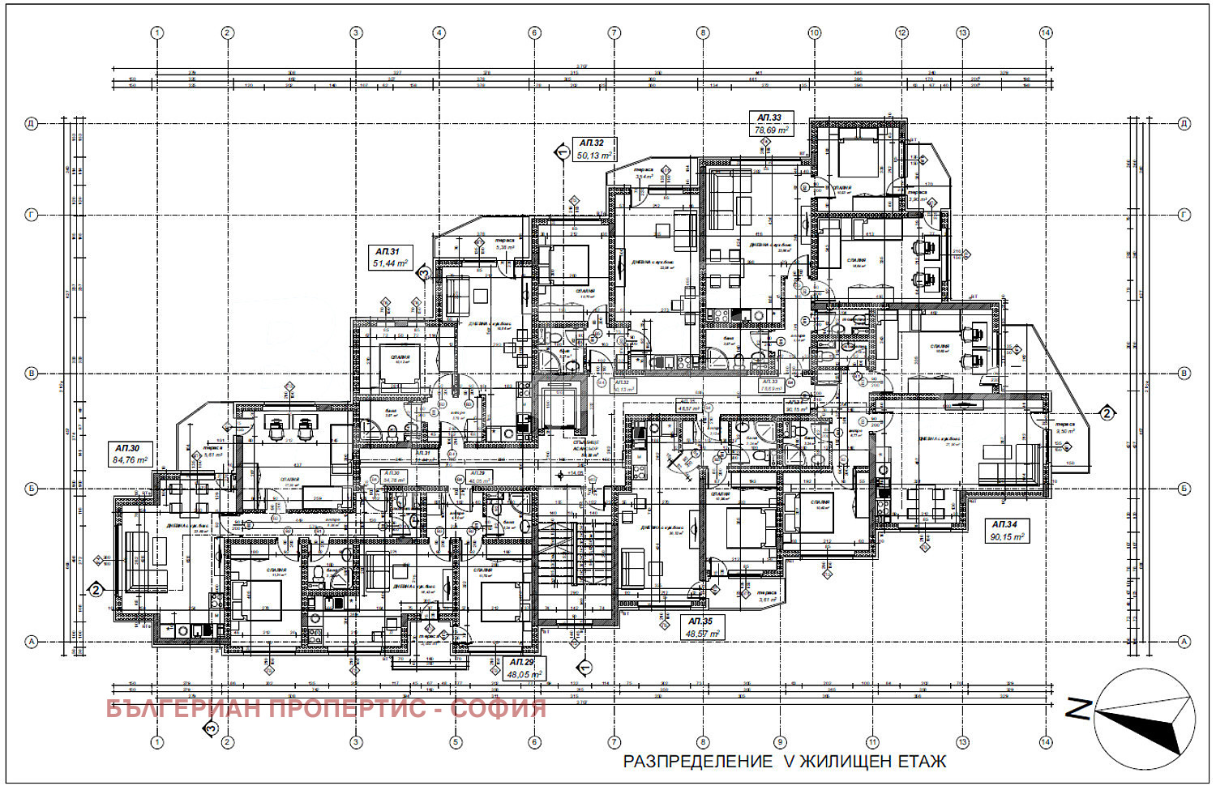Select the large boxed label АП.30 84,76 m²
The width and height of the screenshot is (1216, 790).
click(131, 455)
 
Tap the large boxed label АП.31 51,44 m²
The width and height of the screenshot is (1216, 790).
click(390, 258)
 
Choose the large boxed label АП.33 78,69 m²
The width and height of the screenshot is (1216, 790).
click(771, 124)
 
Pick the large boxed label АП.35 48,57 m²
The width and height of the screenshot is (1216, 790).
click(702, 628)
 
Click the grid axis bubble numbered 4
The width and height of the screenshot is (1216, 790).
click(439, 33)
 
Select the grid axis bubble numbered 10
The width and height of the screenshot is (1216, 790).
click(814, 33)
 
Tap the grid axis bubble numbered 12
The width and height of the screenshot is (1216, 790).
click(901, 33)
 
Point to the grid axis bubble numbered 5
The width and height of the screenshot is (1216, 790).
click(456, 742)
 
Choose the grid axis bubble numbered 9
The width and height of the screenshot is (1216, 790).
click(780, 742)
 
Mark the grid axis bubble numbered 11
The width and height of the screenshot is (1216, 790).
click(872, 742)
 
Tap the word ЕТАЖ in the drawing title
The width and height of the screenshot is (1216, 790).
click(921, 762)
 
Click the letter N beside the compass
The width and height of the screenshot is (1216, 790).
click(1077, 709)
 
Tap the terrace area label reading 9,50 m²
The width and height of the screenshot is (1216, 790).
click(1065, 431)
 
